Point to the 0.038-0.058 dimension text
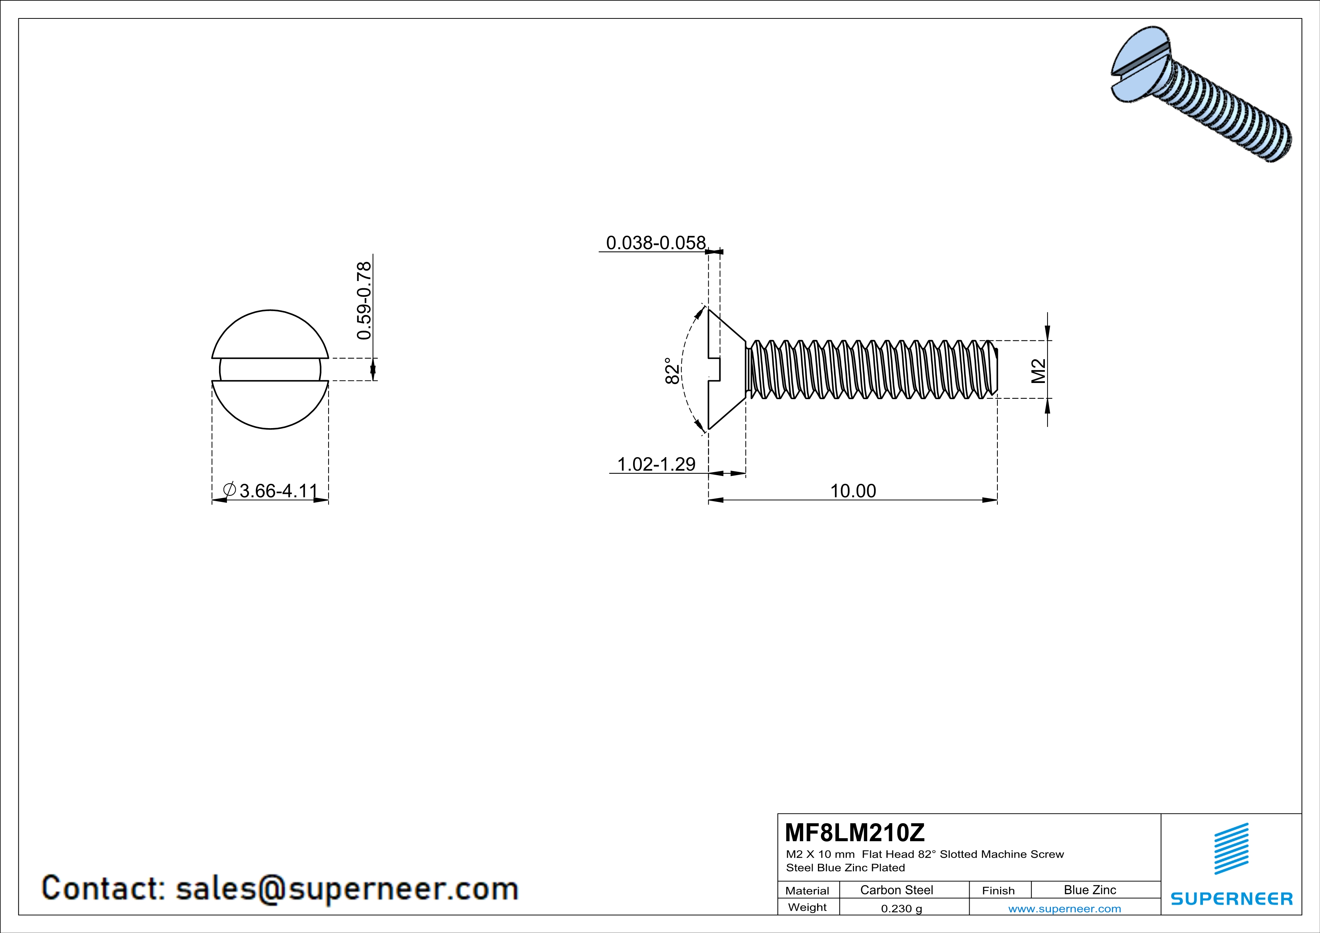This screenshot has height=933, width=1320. [x=655, y=243]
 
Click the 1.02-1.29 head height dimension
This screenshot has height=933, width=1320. [x=656, y=463]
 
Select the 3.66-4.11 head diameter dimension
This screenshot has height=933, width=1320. [x=278, y=491]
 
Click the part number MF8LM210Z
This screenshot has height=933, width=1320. [x=854, y=832]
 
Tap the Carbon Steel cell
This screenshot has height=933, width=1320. [x=896, y=890]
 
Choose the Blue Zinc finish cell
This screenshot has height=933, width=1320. [x=1089, y=890]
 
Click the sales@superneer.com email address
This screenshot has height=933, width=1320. [x=347, y=888]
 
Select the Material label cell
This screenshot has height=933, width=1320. [x=807, y=890]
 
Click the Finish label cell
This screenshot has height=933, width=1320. [x=998, y=890]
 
